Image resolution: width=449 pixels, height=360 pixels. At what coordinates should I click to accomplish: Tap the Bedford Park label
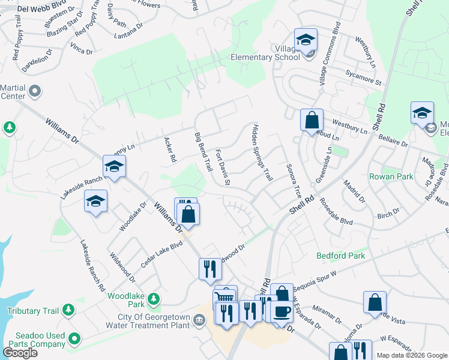pos(340,256)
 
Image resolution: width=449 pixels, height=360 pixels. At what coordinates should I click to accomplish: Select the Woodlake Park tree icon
pos(154,298)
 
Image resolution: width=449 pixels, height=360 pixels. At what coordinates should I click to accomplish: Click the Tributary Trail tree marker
pos(69,310)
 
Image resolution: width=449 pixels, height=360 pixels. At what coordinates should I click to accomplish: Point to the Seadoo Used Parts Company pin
pos(74,339)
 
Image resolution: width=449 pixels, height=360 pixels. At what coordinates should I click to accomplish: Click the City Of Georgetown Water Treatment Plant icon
pos(199,320)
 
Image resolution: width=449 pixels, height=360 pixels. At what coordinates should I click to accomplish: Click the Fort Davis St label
pos(223,167)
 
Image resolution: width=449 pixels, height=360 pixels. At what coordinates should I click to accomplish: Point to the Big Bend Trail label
pos(204,152)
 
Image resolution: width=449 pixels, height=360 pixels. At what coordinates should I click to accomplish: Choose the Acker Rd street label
pos(170,150)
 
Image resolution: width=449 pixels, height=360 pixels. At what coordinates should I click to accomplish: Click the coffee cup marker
pos(281,311)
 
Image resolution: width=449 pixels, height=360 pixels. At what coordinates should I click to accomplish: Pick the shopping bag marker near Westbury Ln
pos(312,119)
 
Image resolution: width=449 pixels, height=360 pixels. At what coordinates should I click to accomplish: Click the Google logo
pos(20,352)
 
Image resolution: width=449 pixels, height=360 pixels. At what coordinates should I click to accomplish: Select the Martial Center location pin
pos(35,92)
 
